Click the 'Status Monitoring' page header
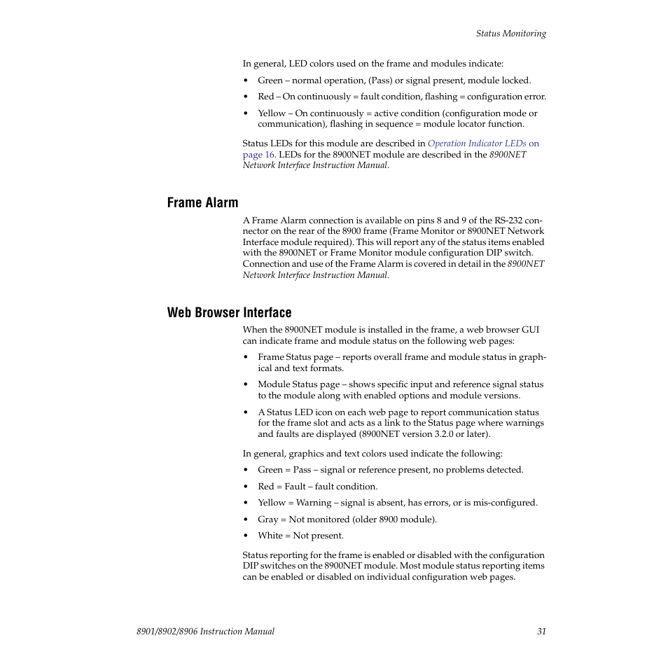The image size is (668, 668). click(x=510, y=34)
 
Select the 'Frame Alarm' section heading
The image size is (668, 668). click(x=202, y=203)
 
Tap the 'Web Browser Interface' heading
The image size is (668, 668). click(x=229, y=313)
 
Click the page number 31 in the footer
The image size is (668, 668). click(x=541, y=632)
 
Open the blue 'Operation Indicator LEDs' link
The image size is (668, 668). click(x=477, y=144)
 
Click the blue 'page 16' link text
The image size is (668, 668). click(x=258, y=155)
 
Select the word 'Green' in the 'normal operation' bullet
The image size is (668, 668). click(x=270, y=81)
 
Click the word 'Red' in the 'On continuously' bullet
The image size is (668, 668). click(x=265, y=97)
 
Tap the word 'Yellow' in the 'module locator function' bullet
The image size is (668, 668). click(x=272, y=113)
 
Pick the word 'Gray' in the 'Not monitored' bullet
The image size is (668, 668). click(x=267, y=520)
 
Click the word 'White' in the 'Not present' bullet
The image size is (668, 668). click(x=270, y=536)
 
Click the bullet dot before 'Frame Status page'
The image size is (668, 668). click(x=246, y=358)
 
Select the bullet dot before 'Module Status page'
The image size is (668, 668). click(x=246, y=385)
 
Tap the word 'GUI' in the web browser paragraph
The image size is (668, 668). click(x=530, y=330)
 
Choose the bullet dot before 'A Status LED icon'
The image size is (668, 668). click(x=246, y=413)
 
